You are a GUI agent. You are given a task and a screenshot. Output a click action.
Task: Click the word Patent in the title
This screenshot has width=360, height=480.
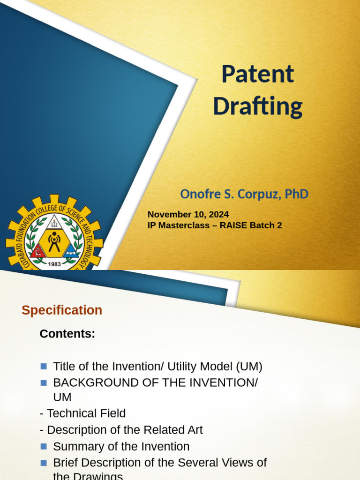coord(257,75)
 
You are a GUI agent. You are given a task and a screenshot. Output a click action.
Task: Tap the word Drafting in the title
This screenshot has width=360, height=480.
coord(257,106)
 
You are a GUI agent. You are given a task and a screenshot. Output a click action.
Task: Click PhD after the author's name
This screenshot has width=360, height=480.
coord(297,194)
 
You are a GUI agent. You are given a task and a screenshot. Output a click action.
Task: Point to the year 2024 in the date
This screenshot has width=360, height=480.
coord(217,214)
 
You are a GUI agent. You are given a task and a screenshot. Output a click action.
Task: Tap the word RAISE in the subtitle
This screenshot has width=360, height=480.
coord(231,225)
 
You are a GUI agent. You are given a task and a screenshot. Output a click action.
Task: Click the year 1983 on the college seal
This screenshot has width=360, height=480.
coord(55,264)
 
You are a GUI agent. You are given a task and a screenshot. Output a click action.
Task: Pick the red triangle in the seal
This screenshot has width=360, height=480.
coord(38,252)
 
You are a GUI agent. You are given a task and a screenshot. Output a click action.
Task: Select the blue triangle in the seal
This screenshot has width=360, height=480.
coord(70,251)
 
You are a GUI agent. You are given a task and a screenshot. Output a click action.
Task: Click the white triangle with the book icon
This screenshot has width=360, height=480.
coord(54,222)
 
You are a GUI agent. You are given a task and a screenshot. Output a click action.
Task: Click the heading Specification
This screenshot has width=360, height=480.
coord(62,310)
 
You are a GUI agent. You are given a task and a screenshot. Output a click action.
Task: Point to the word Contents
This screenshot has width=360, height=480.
coord(67,334)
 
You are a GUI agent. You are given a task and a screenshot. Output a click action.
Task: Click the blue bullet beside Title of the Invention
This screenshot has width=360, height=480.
coord(44,366)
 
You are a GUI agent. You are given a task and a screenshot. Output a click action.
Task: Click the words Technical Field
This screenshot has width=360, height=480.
coord(86,413)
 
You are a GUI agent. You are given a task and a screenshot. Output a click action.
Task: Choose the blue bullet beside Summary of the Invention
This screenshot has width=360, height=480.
coord(44,446)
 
